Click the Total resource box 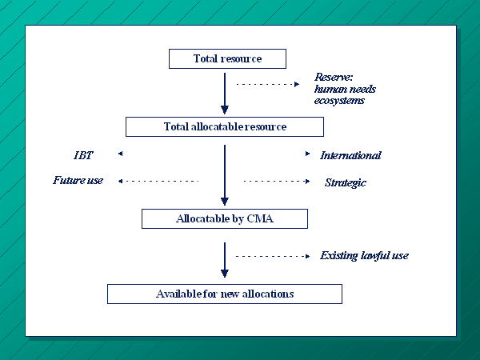(x=227, y=58)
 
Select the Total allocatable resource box (x=225, y=126)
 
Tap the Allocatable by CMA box (x=225, y=219)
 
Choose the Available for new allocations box (x=225, y=294)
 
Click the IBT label (x=83, y=155)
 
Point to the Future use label (x=78, y=180)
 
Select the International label (x=351, y=155)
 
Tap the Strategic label (x=346, y=182)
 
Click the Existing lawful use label (x=364, y=256)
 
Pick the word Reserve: (x=334, y=77)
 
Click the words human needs (x=345, y=89)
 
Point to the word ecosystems (x=339, y=101)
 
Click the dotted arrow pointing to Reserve (x=268, y=84)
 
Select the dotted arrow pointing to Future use (x=158, y=182)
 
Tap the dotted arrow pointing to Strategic (x=277, y=182)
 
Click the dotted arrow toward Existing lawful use (x=273, y=256)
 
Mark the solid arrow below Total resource (x=225, y=94)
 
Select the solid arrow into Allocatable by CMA (x=225, y=175)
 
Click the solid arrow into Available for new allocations (x=225, y=260)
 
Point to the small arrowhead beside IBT (x=120, y=154)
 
